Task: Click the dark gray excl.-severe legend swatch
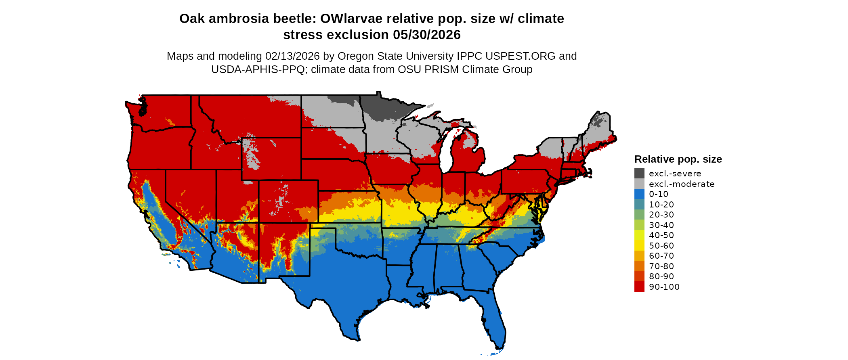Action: (639, 174)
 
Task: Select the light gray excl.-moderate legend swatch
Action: (639, 184)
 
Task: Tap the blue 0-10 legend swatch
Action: (639, 194)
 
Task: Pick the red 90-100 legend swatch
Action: (639, 287)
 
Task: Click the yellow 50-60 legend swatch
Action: (639, 246)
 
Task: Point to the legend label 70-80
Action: (661, 266)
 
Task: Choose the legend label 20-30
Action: (661, 215)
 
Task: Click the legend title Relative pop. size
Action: (678, 159)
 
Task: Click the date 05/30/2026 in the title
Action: (427, 35)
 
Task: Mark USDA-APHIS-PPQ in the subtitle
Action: (258, 69)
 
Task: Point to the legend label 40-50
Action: (661, 235)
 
